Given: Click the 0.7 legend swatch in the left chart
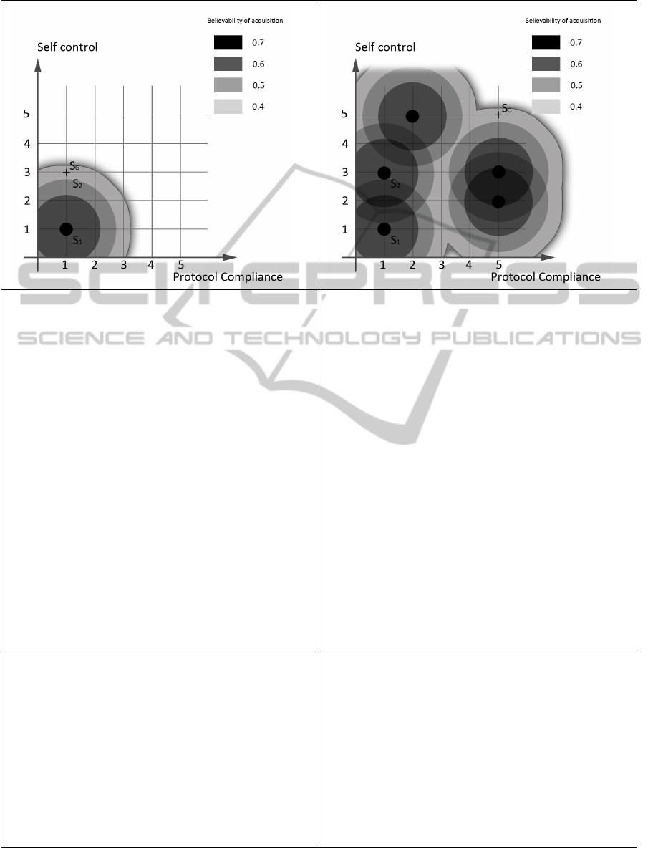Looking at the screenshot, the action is (x=228, y=43).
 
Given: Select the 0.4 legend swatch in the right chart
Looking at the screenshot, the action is (x=546, y=107).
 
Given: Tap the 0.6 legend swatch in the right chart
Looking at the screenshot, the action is (x=546, y=64).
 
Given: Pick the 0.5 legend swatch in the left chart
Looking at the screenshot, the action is (x=228, y=85).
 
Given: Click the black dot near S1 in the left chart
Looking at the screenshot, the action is (x=66, y=229).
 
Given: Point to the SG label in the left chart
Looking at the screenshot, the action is (x=74, y=166).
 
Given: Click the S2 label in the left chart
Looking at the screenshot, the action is (x=77, y=184).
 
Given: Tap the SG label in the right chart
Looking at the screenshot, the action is (x=506, y=109).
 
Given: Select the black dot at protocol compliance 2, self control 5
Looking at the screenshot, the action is (x=412, y=116).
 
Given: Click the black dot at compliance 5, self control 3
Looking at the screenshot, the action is (x=498, y=172).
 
